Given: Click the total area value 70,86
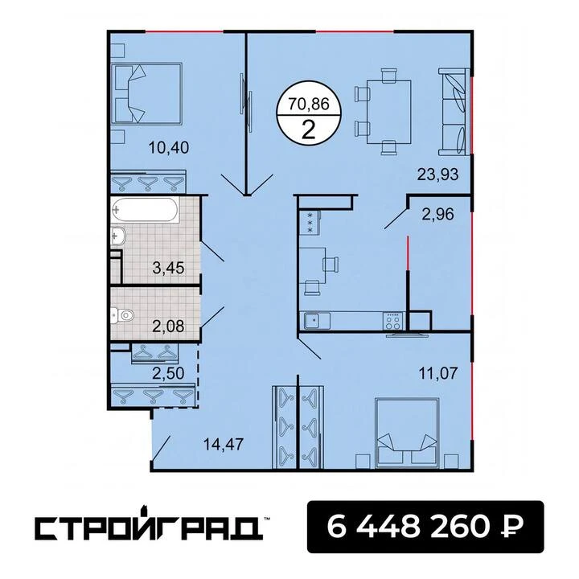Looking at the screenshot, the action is pyautogui.click(x=308, y=104).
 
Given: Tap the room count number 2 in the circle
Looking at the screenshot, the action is pyautogui.click(x=308, y=129).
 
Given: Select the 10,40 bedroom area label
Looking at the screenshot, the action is pyautogui.click(x=168, y=148).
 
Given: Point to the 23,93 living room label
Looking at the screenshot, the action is pyautogui.click(x=437, y=174).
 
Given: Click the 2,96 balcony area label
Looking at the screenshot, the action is pyautogui.click(x=437, y=214).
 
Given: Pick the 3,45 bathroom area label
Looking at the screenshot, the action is pyautogui.click(x=168, y=268).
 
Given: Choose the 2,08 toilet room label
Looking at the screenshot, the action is pyautogui.click(x=168, y=326).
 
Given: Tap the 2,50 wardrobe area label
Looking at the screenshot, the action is pyautogui.click(x=168, y=373).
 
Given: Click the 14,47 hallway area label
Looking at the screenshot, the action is pyautogui.click(x=224, y=444).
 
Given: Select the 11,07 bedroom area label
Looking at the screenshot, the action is pyautogui.click(x=438, y=373).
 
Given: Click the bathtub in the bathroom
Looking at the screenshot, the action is pyautogui.click(x=145, y=210).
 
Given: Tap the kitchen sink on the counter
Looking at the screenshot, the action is pyautogui.click(x=317, y=321).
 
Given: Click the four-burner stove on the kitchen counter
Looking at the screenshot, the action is pyautogui.click(x=393, y=321).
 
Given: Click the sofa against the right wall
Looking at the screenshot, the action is pyautogui.click(x=454, y=112).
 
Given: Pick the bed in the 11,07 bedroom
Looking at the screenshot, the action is pyautogui.click(x=406, y=433).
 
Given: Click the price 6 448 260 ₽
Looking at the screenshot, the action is pyautogui.click(x=425, y=527).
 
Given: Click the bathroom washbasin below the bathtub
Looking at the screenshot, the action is pyautogui.click(x=118, y=236).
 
